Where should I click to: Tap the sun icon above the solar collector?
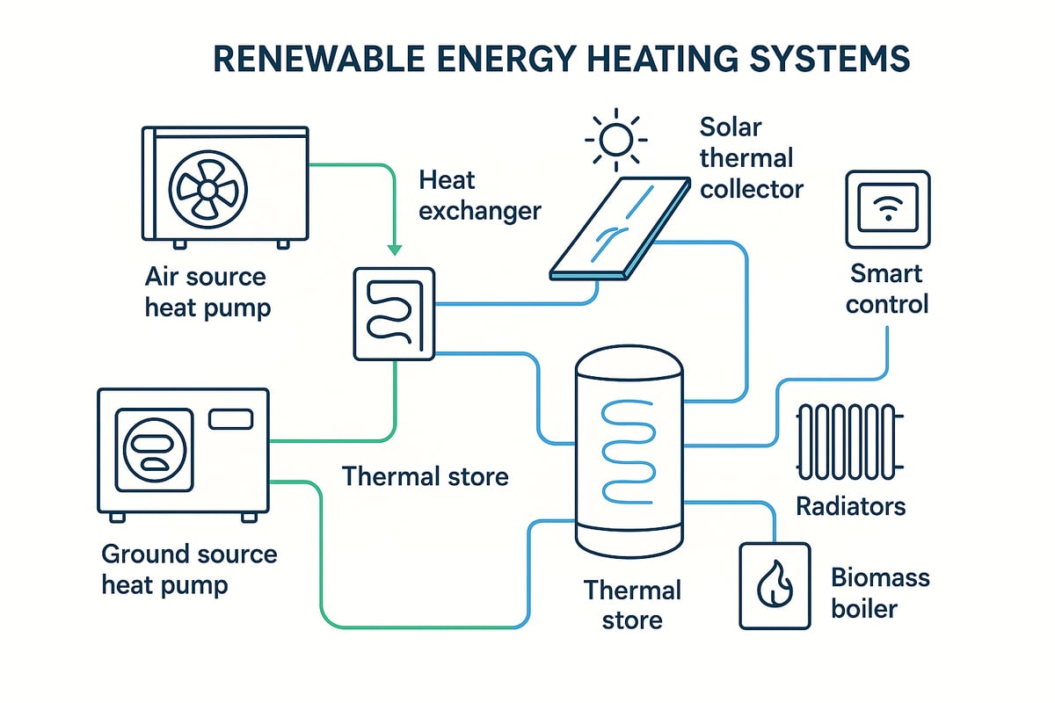[615, 139]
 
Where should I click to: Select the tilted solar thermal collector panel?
[620, 229]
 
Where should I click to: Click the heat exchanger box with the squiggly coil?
[394, 314]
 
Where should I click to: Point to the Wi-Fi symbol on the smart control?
[886, 209]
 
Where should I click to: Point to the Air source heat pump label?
[207, 292]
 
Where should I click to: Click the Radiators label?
[850, 506]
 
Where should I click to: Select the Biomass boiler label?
[880, 593]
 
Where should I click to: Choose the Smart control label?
[889, 289]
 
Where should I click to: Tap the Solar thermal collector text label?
[751, 157]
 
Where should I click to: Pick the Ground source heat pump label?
[189, 569]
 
